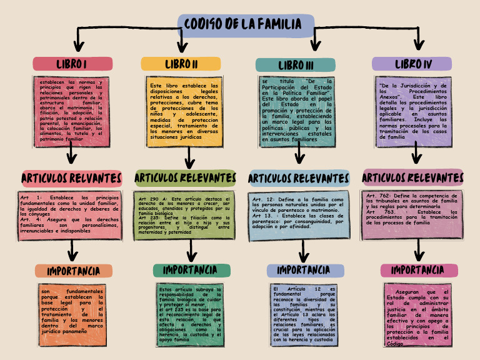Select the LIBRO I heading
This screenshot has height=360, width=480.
tap(72, 64)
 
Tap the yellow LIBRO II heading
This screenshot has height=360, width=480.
tap(181, 64)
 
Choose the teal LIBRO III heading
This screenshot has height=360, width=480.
tap(296, 65)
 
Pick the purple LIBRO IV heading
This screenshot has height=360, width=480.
tap(412, 64)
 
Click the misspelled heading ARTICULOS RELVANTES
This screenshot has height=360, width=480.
tap(71, 179)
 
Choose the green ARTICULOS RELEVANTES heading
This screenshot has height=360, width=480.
tap(185, 179)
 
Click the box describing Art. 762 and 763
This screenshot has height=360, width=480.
tap(412, 215)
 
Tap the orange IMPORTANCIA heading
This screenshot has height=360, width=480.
tap(74, 271)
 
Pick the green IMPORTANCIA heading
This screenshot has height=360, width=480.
tap(190, 270)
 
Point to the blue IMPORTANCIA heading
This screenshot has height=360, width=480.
tap(304, 270)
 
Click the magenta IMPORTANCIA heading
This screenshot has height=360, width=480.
tap(418, 270)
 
